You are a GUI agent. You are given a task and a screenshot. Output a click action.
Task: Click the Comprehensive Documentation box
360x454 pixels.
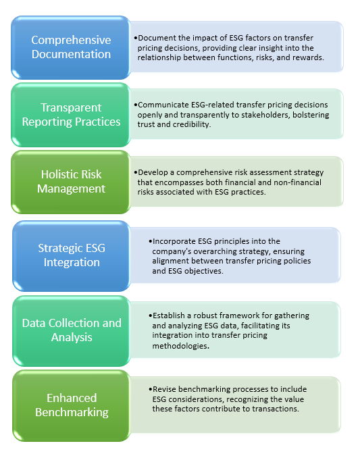coord(71,48)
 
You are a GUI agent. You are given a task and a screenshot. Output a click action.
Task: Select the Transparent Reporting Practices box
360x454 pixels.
coord(71,115)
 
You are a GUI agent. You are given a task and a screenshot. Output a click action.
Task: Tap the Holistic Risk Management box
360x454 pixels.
coord(71,182)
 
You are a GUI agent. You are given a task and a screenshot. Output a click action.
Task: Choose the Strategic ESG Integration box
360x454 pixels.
coord(72,256)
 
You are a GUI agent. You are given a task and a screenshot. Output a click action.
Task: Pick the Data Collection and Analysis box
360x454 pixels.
coord(72,331)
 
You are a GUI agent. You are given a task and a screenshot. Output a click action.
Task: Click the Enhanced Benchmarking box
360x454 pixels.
coord(72,405)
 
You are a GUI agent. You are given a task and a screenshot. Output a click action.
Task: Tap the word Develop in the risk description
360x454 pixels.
coord(153,172)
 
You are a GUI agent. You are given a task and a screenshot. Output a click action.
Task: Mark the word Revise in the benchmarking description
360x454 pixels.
coord(163,389)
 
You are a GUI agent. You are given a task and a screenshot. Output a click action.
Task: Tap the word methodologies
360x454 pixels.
coord(180,346)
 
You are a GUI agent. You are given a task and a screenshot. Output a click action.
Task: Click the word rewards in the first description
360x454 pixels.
coord(308,57)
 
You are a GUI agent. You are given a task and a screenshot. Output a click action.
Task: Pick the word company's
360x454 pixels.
coord(172,251)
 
